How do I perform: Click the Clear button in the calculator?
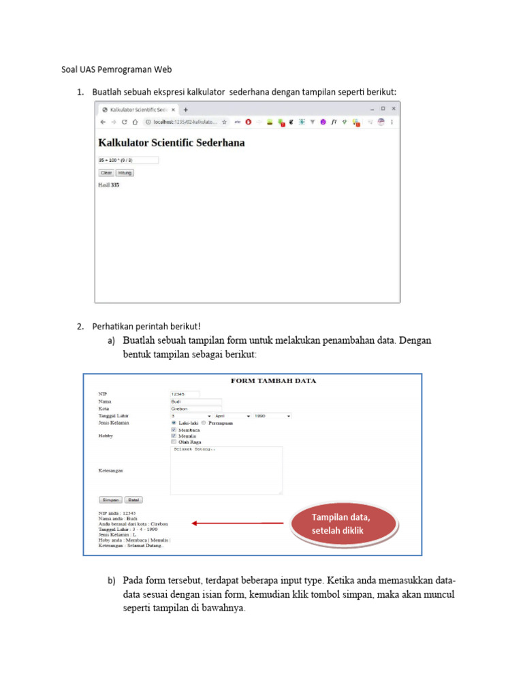point(106,173)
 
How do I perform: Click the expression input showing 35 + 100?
point(128,161)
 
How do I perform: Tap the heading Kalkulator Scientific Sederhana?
point(172,143)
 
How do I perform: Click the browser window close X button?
point(393,108)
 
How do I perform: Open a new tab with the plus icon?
point(186,109)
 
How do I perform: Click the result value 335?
point(115,184)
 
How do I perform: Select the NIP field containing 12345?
point(185,393)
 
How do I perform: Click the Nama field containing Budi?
point(196,401)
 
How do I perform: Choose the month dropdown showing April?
point(232,415)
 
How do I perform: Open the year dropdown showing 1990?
point(272,415)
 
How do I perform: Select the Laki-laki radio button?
point(174,423)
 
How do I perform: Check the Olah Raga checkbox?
point(174,442)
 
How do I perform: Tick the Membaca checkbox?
point(174,429)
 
